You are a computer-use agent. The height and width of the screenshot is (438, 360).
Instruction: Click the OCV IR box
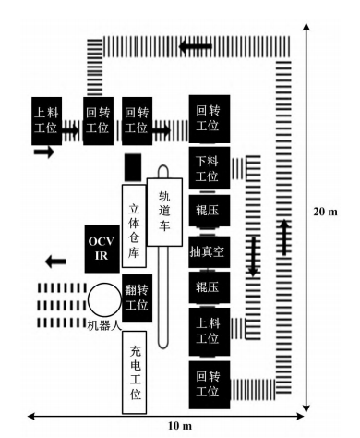pos(102,249)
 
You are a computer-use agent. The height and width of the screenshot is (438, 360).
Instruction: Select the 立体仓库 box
pos(134,225)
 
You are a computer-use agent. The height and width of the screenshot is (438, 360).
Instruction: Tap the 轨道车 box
pos(164,212)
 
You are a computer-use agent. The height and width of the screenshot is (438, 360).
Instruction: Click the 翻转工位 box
pos(138,298)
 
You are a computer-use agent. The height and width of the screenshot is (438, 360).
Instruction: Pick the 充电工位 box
pos(134,372)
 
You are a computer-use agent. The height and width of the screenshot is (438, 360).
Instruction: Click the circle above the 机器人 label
pos(104,299)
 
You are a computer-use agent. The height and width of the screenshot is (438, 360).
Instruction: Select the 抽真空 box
pos(210,252)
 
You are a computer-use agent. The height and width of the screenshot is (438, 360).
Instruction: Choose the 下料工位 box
pos(210,168)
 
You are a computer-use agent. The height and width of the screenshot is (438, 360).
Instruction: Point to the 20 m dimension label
pos(325,212)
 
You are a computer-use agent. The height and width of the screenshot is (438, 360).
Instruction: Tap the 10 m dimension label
pos(180,426)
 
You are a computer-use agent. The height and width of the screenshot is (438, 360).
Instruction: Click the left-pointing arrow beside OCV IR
pos(55,262)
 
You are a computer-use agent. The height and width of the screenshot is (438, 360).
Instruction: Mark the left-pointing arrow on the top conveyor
pos(196,47)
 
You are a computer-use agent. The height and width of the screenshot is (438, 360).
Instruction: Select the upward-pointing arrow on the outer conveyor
pos(284,237)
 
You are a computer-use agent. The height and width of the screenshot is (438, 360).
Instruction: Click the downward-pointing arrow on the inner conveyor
pos(253,256)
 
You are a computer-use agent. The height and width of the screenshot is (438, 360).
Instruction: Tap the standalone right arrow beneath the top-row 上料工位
pos(44,152)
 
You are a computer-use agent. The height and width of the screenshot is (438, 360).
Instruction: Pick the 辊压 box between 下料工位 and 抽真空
pos(210,211)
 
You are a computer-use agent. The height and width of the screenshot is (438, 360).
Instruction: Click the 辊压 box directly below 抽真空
pos(210,287)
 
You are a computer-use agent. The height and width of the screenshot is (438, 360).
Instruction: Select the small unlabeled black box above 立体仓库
pos(133,167)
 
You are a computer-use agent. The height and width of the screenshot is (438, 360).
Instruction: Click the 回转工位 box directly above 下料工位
pos(210,119)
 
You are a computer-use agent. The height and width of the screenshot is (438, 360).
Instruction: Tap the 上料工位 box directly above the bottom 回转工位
pos(210,332)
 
